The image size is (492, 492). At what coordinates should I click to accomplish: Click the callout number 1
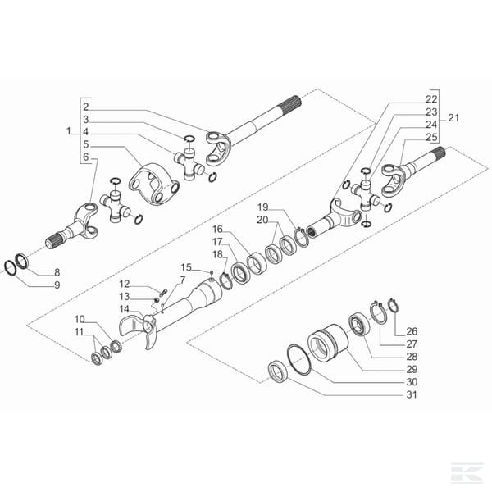pos(68,131)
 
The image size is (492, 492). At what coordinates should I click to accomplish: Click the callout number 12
pos(125,284)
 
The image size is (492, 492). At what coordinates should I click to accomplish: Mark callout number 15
pos(185,266)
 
